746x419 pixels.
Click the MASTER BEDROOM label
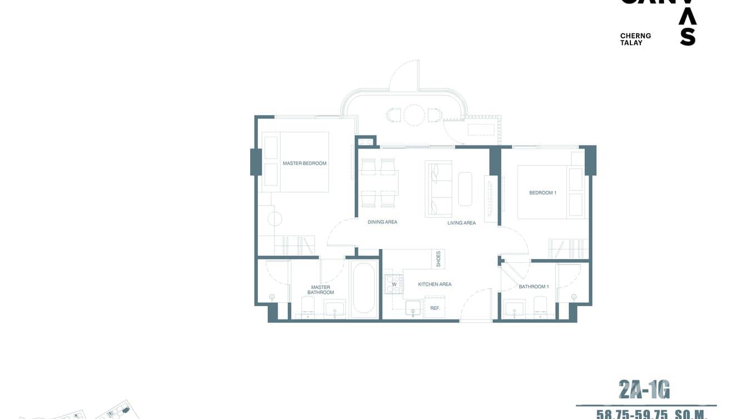(304, 163)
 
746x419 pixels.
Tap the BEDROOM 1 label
(543, 193)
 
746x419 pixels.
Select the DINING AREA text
(382, 222)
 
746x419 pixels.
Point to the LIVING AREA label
(461, 223)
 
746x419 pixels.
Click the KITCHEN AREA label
(435, 285)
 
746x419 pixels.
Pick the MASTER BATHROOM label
(321, 290)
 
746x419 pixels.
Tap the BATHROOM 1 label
(534, 287)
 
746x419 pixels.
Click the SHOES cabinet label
(439, 258)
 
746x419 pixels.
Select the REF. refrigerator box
(435, 308)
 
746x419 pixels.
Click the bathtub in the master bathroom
(364, 288)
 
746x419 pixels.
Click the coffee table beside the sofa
(465, 189)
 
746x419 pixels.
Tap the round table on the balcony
(414, 116)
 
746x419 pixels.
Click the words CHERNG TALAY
(635, 39)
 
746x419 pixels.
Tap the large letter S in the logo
(688, 37)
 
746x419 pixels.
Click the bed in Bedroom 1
(542, 192)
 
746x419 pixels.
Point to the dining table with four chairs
(379, 182)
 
